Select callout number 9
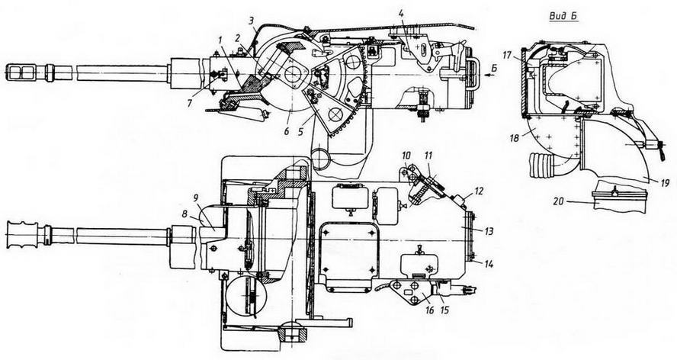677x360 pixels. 195,199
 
